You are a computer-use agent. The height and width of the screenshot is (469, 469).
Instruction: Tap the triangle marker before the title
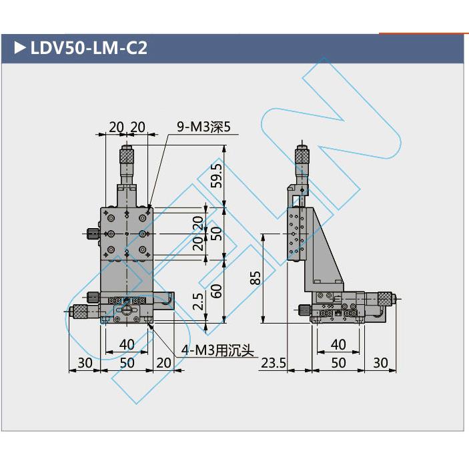click(19, 48)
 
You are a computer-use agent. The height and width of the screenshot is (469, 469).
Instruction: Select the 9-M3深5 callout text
click(203, 126)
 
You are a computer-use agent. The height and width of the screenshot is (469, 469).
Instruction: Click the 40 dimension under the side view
click(338, 344)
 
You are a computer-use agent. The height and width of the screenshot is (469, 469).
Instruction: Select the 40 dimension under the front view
click(126, 344)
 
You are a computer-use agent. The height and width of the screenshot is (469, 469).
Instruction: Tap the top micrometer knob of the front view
click(126, 156)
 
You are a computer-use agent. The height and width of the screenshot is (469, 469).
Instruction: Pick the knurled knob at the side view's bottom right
click(386, 300)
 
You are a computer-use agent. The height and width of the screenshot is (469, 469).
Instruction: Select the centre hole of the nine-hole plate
click(126, 233)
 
